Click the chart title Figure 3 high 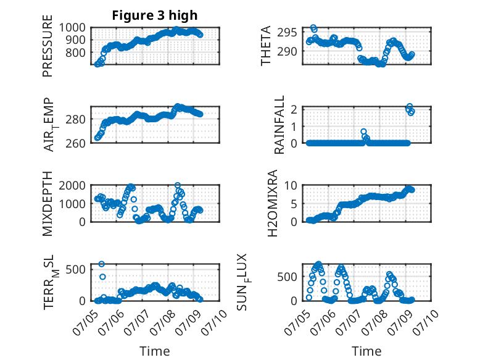click(155, 15)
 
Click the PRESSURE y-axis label click(48, 46)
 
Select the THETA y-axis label click(266, 46)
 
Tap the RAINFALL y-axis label click(279, 125)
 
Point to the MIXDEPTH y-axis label click(48, 204)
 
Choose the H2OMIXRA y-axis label click(272, 203)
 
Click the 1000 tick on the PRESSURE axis click(72, 28)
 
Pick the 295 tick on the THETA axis click(287, 32)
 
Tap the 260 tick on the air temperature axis click(75, 143)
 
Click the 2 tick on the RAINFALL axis click(294, 109)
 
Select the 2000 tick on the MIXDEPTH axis click(72, 185)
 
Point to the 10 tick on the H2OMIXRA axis click(291, 185)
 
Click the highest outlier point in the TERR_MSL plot click(101, 264)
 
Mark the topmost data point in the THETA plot click(313, 28)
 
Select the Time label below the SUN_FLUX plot click(366, 351)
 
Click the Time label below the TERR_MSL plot click(155, 351)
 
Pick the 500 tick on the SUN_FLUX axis click(287, 277)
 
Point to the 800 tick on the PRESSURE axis click(75, 52)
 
